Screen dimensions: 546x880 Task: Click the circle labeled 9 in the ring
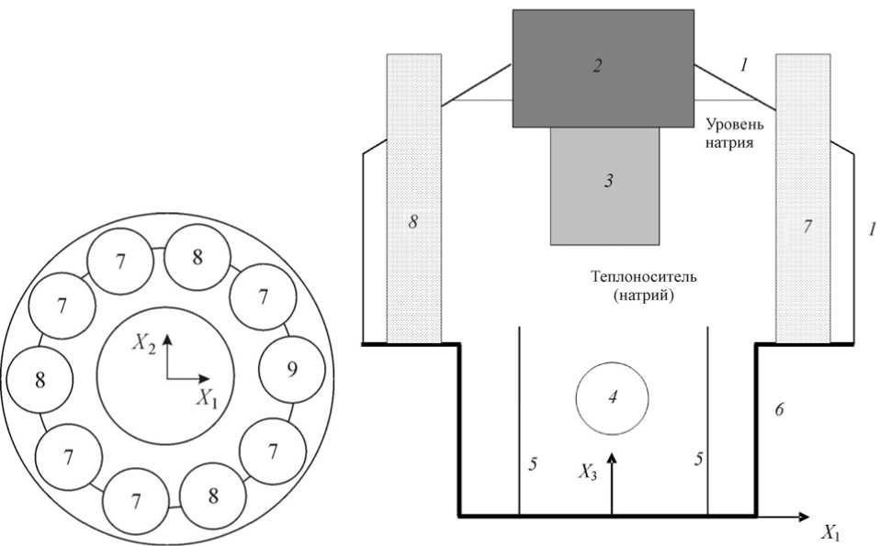coord(292,370)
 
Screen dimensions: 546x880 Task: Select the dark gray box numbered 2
coord(603,68)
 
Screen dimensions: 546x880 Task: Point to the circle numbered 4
coord(612,398)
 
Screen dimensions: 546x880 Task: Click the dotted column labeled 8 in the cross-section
coord(413,197)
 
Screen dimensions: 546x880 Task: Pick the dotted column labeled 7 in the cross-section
coord(804,197)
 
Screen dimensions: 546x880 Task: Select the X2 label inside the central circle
coord(142,342)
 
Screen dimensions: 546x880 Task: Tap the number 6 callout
coord(778,410)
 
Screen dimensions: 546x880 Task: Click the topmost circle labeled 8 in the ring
coord(197,258)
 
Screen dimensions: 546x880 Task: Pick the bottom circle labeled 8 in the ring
coord(213,496)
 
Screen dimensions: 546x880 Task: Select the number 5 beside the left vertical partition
coord(533,463)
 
